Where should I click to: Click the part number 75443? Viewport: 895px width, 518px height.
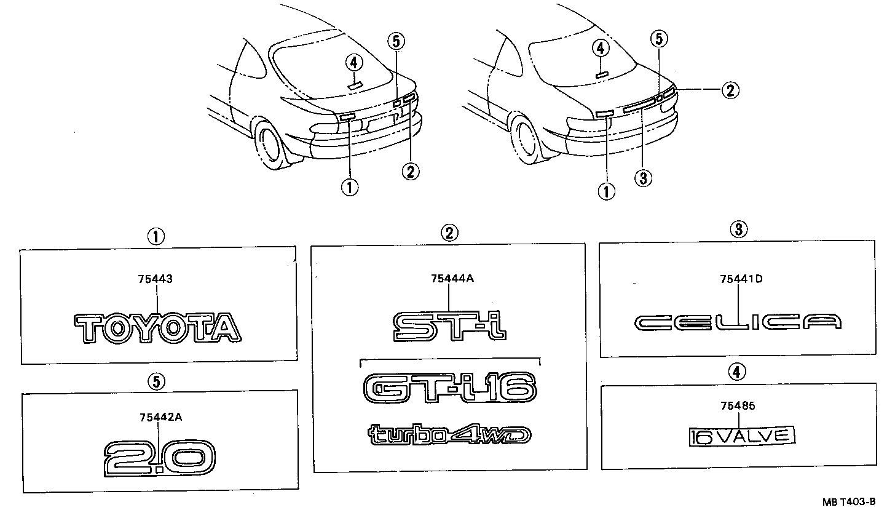pos(155,279)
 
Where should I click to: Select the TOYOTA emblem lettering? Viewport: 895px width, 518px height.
pos(157,327)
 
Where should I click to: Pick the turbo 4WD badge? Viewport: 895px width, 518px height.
pos(450,434)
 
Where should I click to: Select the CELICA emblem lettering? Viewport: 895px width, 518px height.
pos(738,322)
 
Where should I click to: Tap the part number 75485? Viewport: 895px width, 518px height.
pos(738,406)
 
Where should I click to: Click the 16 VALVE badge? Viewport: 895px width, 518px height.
pos(742,436)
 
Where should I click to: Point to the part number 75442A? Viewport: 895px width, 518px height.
pos(160,417)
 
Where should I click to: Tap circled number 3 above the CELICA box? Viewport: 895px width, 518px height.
pos(738,230)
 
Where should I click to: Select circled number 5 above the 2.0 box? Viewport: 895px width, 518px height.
pos(157,382)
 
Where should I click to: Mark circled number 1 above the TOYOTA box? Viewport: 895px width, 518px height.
pos(156,236)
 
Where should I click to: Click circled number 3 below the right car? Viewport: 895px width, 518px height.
pos(642,178)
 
